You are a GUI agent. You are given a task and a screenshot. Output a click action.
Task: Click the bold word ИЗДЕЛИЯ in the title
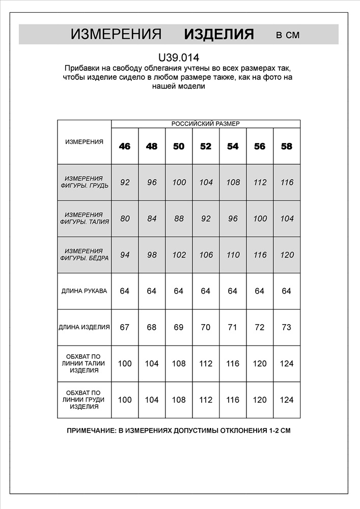click(218, 35)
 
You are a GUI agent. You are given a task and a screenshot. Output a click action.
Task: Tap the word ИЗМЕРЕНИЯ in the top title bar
click(116, 35)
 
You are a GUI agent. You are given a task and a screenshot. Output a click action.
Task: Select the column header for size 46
click(125, 146)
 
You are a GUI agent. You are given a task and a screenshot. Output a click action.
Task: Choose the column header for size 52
click(206, 146)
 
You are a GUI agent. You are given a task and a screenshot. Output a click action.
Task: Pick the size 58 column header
click(287, 146)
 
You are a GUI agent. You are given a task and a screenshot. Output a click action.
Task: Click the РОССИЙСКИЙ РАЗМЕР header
click(205, 124)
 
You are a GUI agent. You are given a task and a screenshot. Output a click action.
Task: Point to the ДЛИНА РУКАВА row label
click(84, 291)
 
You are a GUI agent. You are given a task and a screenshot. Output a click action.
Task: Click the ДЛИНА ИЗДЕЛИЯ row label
click(84, 327)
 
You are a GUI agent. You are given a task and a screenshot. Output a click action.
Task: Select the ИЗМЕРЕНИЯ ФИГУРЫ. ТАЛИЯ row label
click(84, 219)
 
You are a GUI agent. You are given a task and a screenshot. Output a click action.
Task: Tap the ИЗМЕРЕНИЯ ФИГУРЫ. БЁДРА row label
click(84, 255)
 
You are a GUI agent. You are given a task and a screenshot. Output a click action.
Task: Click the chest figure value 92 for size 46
click(125, 182)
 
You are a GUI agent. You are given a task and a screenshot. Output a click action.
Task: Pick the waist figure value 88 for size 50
click(179, 219)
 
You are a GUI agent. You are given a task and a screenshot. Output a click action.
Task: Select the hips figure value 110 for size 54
click(233, 255)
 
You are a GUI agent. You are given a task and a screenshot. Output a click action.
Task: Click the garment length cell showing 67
click(125, 327)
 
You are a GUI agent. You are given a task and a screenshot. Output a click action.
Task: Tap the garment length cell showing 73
click(287, 327)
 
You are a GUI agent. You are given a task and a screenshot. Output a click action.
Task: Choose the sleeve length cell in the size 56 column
click(260, 291)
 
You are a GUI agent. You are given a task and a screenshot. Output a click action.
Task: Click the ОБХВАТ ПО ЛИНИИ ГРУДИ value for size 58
click(287, 400)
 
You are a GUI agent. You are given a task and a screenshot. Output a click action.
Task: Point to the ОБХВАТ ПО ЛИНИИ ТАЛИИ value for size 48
click(152, 363)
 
